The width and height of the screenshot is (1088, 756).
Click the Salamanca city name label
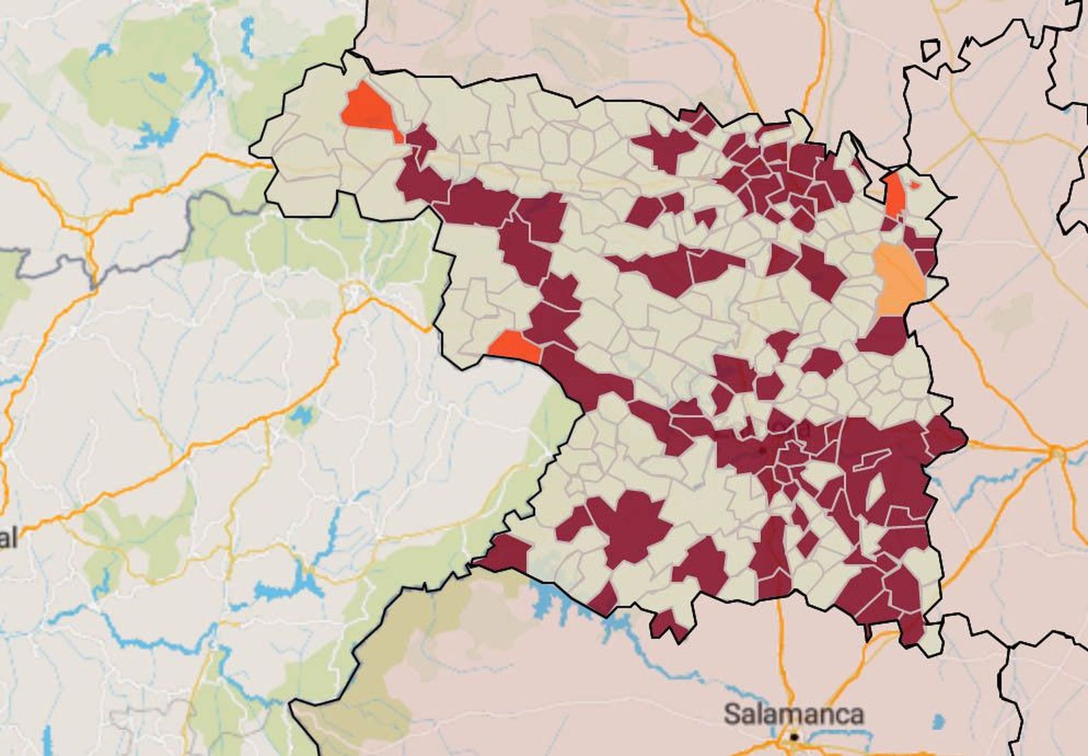794,714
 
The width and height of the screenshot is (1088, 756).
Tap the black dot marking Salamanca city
794,736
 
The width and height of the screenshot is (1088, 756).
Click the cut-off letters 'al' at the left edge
8,539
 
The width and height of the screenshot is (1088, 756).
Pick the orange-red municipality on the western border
515,346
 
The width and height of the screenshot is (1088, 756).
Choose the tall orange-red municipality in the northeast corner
896,194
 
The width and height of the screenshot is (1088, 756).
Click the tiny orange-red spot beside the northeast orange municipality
915,185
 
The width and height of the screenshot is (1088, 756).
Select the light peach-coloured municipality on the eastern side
899,279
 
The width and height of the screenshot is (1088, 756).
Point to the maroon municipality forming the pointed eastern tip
947,435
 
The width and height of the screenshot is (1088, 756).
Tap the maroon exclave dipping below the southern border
669,624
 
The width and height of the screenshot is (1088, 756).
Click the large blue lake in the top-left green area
158,133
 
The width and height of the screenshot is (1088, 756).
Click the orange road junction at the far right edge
1057,452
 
